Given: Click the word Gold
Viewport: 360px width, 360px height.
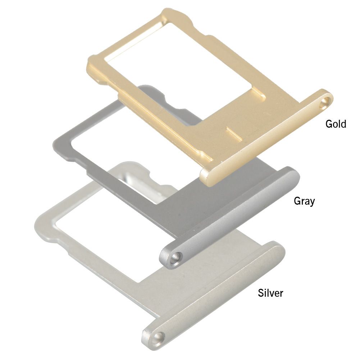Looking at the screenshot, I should pyautogui.click(x=336, y=124).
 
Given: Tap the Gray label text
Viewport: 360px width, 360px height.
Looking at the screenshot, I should pyautogui.click(x=304, y=201).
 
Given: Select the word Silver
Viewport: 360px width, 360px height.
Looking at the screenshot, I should pyautogui.click(x=270, y=293).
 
